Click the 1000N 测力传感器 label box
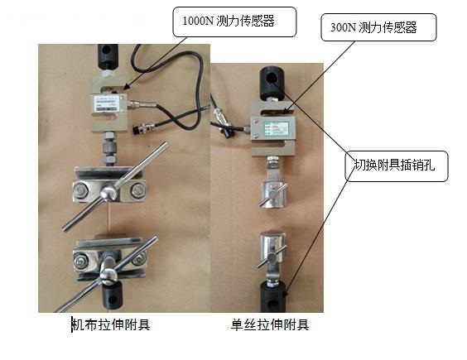(x=233, y=22)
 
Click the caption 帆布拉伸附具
(x=111, y=324)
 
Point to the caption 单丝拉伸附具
(x=270, y=324)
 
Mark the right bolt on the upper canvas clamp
(x=136, y=193)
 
